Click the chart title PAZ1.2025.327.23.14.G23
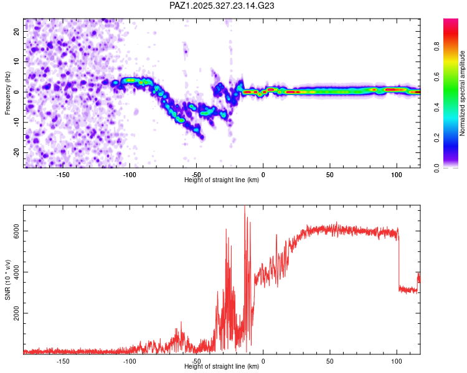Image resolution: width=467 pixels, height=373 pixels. (x=222, y=6)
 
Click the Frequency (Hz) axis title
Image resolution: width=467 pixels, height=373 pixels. (x=7, y=93)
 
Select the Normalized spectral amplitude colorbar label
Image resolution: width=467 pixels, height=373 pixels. (x=463, y=93)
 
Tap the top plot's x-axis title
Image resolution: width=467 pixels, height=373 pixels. (x=222, y=180)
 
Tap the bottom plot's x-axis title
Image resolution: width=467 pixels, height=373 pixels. (x=222, y=367)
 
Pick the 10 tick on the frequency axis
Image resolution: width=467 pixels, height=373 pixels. (x=17, y=61)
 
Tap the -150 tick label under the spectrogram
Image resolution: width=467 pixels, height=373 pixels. (x=63, y=174)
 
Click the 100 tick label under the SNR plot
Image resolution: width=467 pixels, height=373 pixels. (x=397, y=361)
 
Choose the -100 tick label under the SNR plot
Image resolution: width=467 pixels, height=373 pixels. (x=130, y=361)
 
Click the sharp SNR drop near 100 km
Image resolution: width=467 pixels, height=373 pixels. (x=399, y=261)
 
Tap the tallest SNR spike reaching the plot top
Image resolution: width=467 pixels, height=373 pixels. (x=245, y=208)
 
